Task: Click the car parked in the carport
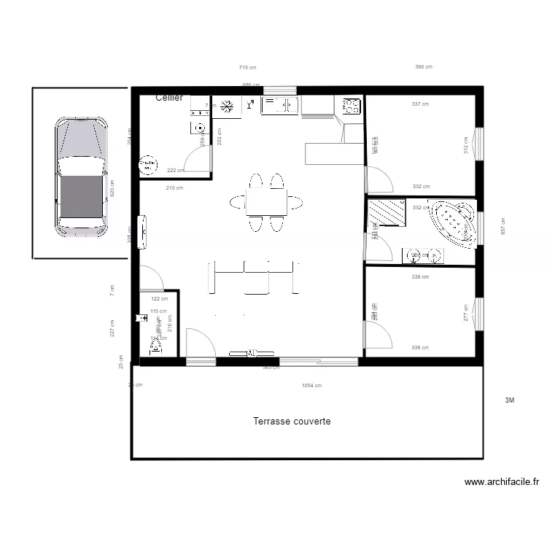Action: point(81,177)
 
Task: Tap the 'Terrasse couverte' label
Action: point(292,422)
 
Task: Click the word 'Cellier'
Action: point(169,98)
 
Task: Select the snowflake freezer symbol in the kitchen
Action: point(228,106)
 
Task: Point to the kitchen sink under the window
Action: point(279,106)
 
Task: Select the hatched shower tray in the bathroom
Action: point(387,213)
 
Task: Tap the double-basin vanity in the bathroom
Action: point(423,255)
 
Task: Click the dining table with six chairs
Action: point(266,201)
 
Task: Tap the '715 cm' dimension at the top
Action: point(248,67)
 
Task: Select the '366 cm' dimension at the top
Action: point(424,67)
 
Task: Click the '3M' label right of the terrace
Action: point(510,400)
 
